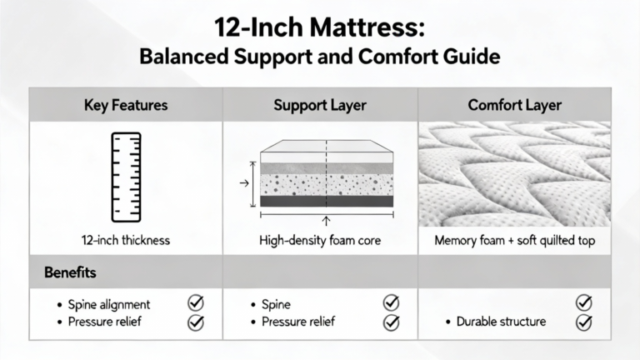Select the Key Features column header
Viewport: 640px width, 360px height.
(x=126, y=105)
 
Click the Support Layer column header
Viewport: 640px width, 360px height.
(x=320, y=105)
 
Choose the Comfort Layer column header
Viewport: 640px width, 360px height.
(x=515, y=105)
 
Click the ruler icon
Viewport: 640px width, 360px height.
(x=126, y=177)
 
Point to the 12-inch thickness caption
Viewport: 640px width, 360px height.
(x=126, y=240)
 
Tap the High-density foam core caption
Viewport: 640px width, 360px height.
(x=320, y=240)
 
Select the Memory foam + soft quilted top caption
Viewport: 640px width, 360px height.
(x=515, y=240)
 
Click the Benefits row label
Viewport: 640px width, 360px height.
(x=70, y=272)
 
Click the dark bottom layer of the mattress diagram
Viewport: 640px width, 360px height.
(x=327, y=201)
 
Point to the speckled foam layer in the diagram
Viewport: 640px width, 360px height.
(x=327, y=185)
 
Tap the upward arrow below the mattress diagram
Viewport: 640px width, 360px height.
(x=326, y=221)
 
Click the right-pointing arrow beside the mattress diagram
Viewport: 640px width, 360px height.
(x=244, y=183)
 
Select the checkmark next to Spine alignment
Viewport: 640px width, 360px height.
(x=196, y=302)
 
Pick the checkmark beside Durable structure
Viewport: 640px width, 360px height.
(x=584, y=322)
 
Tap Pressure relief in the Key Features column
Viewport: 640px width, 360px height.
(x=104, y=322)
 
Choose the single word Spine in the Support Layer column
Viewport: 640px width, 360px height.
(x=277, y=304)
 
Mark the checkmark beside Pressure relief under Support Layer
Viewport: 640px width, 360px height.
(x=392, y=322)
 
